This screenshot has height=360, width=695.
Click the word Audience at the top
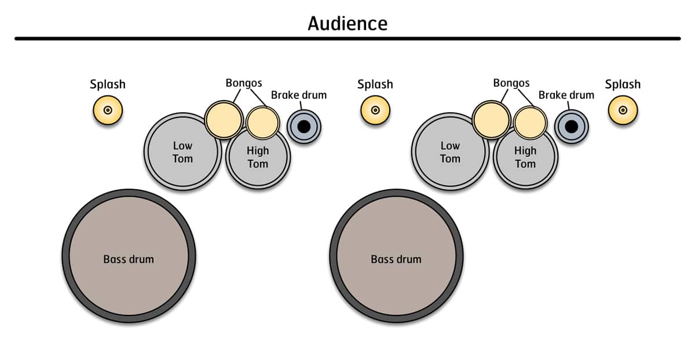coord(347,24)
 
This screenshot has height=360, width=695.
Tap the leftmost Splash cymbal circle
coord(108,110)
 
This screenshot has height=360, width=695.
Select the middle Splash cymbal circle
coord(375,110)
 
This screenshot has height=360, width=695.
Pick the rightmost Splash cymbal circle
coord(623,110)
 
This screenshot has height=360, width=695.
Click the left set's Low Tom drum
coord(182,152)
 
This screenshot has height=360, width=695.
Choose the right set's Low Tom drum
coord(450,152)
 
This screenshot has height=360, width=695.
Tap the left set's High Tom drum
coord(258,159)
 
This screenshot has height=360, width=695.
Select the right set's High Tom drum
coord(525,159)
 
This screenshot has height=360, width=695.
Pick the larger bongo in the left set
coord(223,119)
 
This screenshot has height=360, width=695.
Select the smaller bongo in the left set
coord(262,122)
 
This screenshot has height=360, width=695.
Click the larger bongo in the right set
coord(491,119)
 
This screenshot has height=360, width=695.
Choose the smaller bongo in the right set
coord(530,122)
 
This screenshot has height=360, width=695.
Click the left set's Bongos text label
coord(244,83)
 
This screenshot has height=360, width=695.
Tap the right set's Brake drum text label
coord(566,95)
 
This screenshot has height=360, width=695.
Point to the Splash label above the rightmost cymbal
coord(623,85)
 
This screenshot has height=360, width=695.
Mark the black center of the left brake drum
coord(304,126)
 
